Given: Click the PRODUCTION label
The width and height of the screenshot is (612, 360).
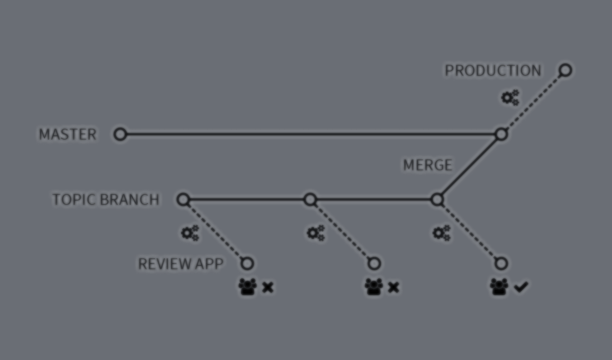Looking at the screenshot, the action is (493, 71).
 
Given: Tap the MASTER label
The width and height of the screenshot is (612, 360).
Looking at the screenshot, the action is (68, 134).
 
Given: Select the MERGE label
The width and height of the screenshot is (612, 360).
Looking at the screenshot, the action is (428, 165).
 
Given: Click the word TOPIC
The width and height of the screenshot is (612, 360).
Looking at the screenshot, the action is (74, 199).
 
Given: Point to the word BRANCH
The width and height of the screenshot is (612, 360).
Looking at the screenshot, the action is (130, 199).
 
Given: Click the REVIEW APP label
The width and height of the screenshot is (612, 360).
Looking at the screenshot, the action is (180, 264).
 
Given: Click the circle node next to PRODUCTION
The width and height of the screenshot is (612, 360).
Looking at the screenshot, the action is (565, 70).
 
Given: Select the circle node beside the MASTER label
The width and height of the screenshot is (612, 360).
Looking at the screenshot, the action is (120, 134).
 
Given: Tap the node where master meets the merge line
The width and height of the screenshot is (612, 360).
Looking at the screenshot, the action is (501, 134).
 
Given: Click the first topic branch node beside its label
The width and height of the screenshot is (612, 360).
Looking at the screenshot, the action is (183, 200).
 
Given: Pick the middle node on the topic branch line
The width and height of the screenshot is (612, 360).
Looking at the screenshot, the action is (310, 200).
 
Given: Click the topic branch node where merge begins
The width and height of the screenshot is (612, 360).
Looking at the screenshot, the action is (437, 200).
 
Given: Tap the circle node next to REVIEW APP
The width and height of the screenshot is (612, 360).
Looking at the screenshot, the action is (247, 264).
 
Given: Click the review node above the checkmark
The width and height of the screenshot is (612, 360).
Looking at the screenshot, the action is (501, 264).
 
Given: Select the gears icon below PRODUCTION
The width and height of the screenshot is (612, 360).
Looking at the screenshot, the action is (510, 97).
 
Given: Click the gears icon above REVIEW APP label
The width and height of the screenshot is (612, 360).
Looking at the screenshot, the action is (190, 233).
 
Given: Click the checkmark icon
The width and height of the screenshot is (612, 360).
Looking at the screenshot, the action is (521, 287).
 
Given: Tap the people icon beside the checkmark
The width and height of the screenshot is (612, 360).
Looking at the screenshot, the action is (499, 287).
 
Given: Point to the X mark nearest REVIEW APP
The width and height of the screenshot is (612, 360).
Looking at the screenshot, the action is (268, 288).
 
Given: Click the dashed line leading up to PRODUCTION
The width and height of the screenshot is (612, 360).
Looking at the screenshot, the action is (533, 102).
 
